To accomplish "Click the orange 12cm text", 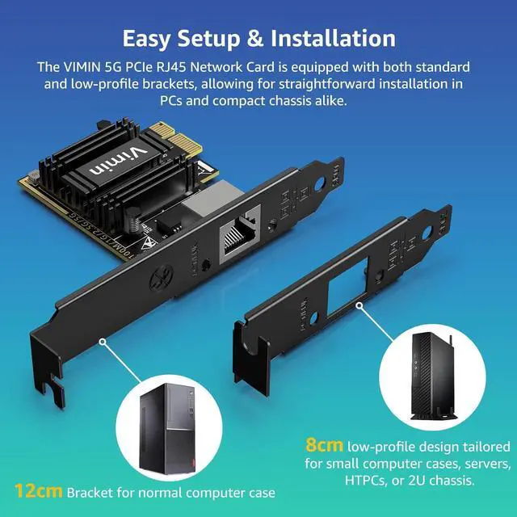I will [x=38, y=490].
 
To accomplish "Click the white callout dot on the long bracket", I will [x=103, y=342].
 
